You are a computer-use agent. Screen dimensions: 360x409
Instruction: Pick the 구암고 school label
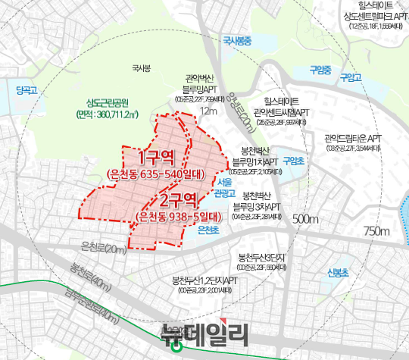(x=351, y=78)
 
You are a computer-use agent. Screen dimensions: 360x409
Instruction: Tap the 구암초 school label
(x=292, y=161)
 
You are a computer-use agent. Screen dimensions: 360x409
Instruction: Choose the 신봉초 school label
(x=337, y=273)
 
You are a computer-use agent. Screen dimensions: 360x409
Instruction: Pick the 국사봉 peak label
(x=141, y=70)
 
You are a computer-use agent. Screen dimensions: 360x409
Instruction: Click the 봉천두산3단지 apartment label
(x=261, y=257)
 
